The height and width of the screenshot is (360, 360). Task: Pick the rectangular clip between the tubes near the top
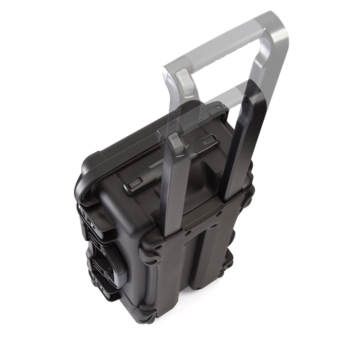(208, 140)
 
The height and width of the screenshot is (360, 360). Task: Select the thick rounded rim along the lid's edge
(118, 154)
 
